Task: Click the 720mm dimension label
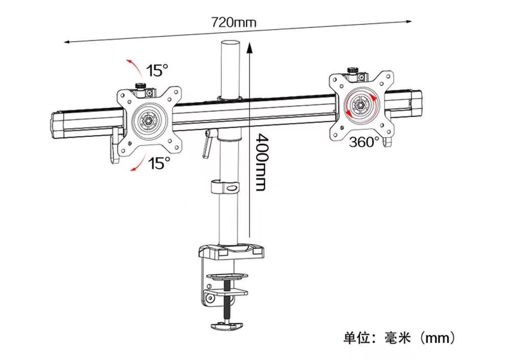pos(234,22)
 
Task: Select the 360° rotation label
pos(364,141)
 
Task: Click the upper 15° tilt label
pos(158,70)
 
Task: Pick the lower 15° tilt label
pos(159,163)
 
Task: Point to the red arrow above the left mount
pos(135,67)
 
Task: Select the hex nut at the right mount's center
pos(359,104)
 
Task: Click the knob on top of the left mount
pos(141,87)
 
